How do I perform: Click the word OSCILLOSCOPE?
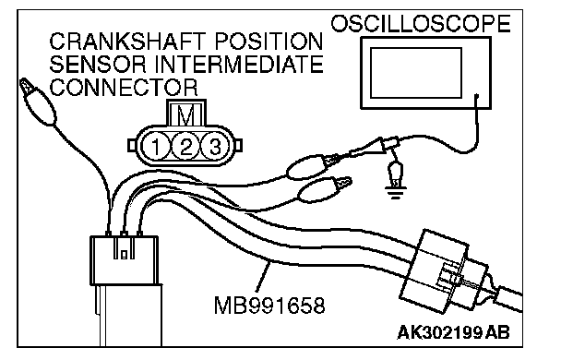click(x=420, y=24)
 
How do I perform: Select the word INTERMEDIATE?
click(x=239, y=65)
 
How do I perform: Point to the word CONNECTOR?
click(x=124, y=87)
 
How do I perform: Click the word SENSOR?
click(x=98, y=65)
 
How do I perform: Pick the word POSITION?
click(x=269, y=42)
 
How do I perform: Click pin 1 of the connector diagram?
click(x=156, y=146)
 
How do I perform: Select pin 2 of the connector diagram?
click(x=185, y=146)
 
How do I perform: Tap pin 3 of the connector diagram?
click(x=214, y=146)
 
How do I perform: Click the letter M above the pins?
click(x=186, y=114)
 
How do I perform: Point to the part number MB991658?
click(x=269, y=306)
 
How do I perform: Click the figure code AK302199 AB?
click(x=453, y=332)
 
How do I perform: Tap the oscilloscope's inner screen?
click(x=416, y=73)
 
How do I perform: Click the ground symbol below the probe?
click(x=395, y=194)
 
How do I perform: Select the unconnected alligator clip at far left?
click(x=37, y=101)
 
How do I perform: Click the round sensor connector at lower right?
click(x=444, y=272)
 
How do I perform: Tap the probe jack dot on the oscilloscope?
click(x=476, y=96)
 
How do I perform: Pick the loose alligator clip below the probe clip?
click(x=324, y=189)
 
